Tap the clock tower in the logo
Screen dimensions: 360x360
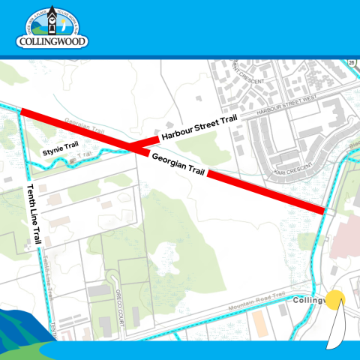click(x=52, y=20)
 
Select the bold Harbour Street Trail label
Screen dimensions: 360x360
click(x=199, y=128)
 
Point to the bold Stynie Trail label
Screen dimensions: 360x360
click(x=58, y=153)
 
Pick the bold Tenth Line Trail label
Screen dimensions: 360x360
click(x=33, y=214)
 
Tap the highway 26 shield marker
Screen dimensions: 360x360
click(x=351, y=64)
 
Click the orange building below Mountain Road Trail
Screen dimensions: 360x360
click(x=259, y=322)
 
